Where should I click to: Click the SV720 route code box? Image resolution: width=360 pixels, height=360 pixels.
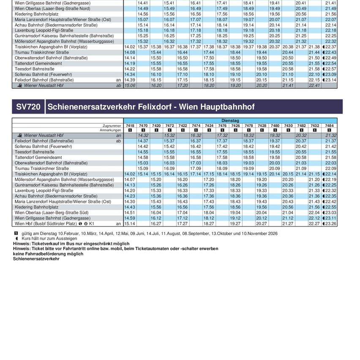point(28,107)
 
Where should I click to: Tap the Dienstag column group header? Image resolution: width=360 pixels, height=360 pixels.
point(230,120)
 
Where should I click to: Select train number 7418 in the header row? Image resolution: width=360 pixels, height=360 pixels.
point(130,125)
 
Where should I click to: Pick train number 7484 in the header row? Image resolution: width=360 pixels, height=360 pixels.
point(329,125)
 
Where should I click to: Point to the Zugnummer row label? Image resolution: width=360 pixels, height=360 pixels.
point(112,125)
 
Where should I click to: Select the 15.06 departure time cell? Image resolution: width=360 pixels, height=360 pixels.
point(130,85)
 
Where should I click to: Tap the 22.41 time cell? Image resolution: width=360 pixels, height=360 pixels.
point(314,85)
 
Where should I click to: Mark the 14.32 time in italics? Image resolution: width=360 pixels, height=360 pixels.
point(143,135)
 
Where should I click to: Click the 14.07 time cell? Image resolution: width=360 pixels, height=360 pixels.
point(130,180)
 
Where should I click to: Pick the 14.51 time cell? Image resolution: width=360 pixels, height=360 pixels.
point(130,213)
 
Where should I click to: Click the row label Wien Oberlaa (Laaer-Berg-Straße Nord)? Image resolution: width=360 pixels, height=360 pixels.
point(52,8)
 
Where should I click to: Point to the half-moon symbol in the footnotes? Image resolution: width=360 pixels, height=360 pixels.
point(16,238)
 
